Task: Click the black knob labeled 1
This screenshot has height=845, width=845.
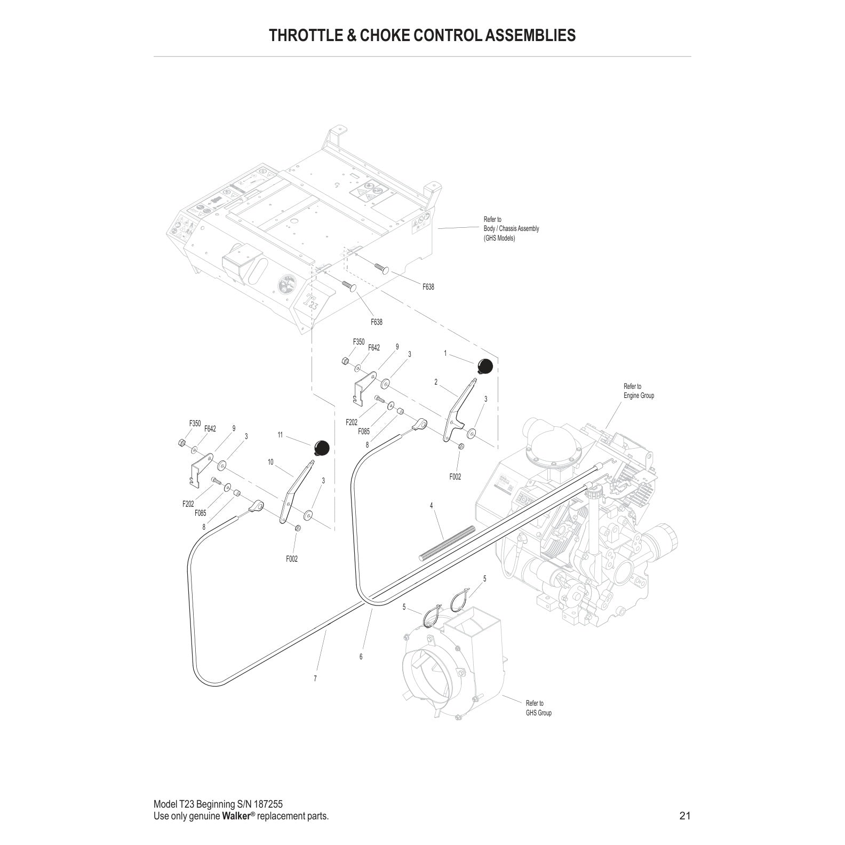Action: click(484, 367)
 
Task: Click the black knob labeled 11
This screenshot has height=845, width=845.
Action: click(321, 448)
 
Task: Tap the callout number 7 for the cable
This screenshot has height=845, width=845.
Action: click(315, 679)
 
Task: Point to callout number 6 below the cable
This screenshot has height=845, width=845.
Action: click(361, 657)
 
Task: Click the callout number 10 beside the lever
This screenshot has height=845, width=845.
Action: click(270, 462)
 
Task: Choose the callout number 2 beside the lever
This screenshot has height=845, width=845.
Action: click(436, 382)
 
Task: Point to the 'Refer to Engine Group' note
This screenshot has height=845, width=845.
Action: click(639, 391)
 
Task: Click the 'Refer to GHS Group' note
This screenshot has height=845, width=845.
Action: click(539, 708)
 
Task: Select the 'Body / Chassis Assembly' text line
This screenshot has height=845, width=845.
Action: click(511, 228)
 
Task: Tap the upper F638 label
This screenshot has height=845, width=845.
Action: click(428, 287)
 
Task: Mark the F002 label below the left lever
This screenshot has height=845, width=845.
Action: click(292, 559)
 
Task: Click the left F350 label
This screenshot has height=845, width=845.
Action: click(195, 424)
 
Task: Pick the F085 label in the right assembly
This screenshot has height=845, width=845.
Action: click(364, 432)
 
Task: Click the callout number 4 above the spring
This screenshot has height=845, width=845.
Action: click(432, 505)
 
